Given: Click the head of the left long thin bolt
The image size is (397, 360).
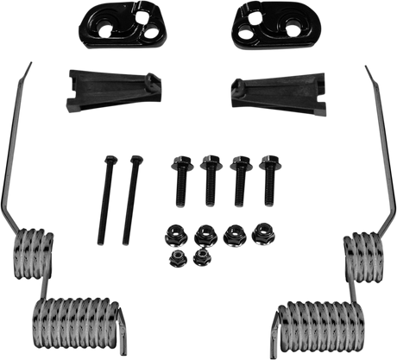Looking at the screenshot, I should [x=110, y=160].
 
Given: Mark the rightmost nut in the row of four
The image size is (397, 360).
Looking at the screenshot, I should [x=261, y=231].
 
